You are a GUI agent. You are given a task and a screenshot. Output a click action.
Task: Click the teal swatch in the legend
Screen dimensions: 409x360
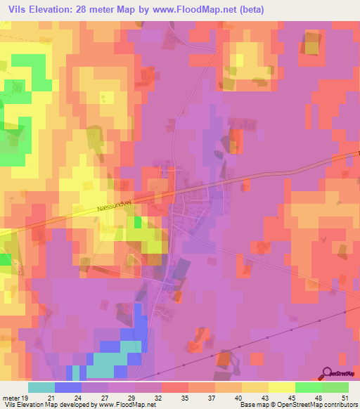(41, 387)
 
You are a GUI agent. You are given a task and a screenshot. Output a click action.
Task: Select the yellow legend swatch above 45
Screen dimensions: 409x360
(282, 387)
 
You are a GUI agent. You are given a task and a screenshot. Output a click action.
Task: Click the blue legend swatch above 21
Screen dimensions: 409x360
(68, 387)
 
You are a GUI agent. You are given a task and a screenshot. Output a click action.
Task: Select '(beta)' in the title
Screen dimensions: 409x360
(250, 9)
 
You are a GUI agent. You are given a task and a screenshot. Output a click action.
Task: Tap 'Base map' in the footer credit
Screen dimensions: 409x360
(252, 405)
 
